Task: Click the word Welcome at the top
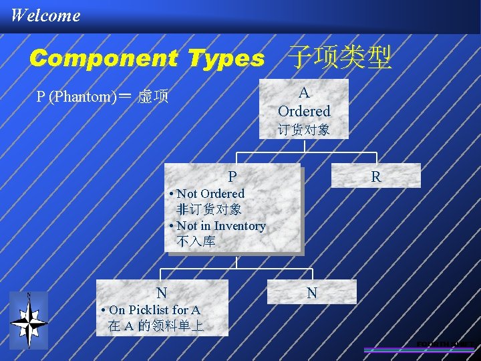pos(45,15)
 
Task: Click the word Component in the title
pos(102,59)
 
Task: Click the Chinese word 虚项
pos(153,97)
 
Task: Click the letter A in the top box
pos(304,93)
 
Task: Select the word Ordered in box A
pos(304,110)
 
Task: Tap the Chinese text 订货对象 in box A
pos(304,129)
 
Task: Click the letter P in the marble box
pos(232,176)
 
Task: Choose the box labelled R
pos(376,176)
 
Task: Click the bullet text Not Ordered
pos(210,193)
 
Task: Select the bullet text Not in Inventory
pos(220,226)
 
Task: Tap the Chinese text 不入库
pos(196,241)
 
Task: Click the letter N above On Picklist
pos(162,293)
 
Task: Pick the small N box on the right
pos(312,292)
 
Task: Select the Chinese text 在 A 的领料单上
pos(156,326)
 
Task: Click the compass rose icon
pos(29,322)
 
